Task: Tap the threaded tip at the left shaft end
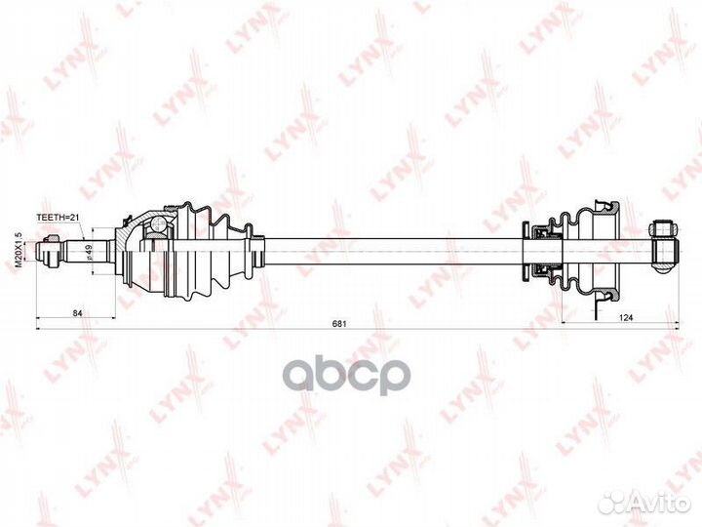pos(47,252)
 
